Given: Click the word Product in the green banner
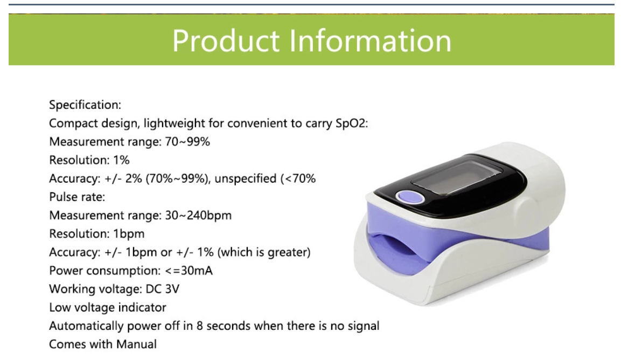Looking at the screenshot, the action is pos(226,41).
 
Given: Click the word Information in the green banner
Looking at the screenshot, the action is pos(371,41).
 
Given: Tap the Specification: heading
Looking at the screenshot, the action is pos(85,105).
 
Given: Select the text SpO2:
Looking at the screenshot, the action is pos(352,123).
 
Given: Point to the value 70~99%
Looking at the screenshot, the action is pos(187,142).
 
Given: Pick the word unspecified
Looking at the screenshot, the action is pos(246,179).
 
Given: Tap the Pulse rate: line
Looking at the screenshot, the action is pos(77,197).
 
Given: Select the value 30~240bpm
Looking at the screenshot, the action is pos(198,216).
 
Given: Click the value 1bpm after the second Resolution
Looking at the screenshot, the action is pos(129,234).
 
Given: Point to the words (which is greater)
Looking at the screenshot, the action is pos(264,253).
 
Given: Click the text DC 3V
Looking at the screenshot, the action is pos(162,289).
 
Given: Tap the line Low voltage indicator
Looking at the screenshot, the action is pos(108,308).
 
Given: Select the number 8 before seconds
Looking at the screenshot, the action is pos(200,326).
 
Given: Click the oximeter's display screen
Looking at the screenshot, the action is pos(456,178).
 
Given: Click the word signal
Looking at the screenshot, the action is pos(364,327).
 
